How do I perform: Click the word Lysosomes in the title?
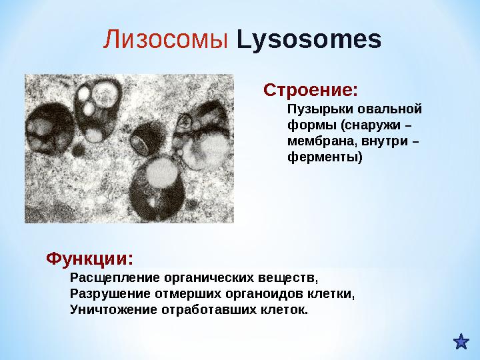309,41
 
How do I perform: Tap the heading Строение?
311,89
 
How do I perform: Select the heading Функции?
89,257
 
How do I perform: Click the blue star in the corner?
461,343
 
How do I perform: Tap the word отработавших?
208,310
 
